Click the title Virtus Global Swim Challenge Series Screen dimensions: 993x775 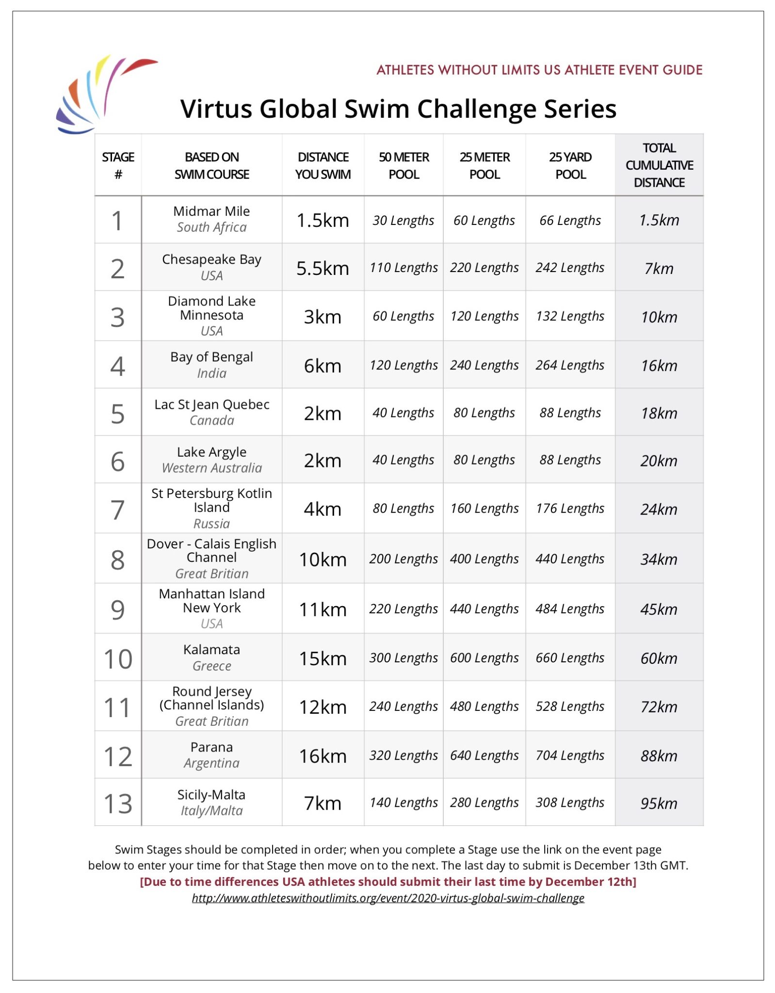click(398, 109)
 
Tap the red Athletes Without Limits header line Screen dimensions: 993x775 click(539, 70)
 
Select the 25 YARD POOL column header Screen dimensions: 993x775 click(570, 165)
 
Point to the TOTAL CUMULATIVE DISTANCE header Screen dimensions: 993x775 click(659, 165)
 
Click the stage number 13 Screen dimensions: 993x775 click(118, 803)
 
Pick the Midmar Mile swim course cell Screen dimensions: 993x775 click(211, 219)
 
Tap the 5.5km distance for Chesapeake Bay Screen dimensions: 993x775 click(323, 268)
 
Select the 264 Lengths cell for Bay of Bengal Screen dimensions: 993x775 click(570, 365)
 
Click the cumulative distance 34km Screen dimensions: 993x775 click(659, 559)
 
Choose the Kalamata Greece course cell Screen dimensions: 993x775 click(211, 657)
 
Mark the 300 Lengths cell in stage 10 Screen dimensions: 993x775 click(403, 658)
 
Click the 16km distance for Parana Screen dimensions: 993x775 click(323, 756)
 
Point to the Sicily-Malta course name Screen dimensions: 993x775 click(211, 795)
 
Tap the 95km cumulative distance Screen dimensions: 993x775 click(659, 803)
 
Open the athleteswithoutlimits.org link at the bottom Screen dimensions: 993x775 click(388, 898)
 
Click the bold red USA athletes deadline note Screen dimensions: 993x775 click(388, 881)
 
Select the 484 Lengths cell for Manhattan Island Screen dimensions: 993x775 click(570, 609)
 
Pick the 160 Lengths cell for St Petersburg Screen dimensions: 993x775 click(484, 509)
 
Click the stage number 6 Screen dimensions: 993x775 click(118, 461)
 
